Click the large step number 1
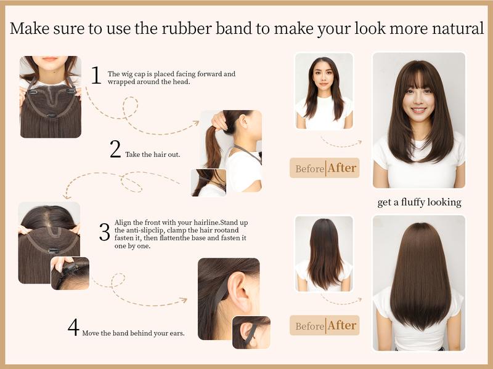[x=96, y=75]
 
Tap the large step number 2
[x=115, y=149]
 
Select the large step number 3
[x=104, y=232]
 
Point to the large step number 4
[x=73, y=328]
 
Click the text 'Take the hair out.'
[x=152, y=154]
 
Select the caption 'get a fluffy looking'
[x=419, y=202]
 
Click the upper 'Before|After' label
[x=324, y=168]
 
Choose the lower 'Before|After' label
[x=324, y=325]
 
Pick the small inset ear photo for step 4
[x=251, y=333]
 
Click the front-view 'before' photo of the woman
[x=324, y=91]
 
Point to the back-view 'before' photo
[x=324, y=253]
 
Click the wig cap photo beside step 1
[x=50, y=97]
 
